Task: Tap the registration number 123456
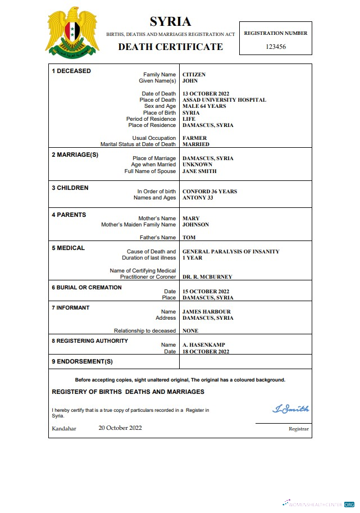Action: point(275,47)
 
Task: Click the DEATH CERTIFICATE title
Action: point(170,47)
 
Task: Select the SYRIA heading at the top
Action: point(170,22)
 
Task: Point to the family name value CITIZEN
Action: point(194,75)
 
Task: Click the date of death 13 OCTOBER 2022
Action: point(206,94)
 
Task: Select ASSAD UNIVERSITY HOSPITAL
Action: point(224,100)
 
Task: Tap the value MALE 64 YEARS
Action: point(204,106)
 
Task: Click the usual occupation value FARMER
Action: point(194,138)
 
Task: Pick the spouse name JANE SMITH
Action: point(199,171)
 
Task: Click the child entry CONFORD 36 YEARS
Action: point(209,192)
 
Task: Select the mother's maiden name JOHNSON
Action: point(195,225)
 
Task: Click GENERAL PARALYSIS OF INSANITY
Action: point(231,252)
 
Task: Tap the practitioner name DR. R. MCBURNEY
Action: point(207,277)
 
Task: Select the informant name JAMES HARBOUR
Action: point(207,312)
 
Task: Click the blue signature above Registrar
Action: point(290,409)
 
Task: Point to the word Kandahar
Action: point(64,429)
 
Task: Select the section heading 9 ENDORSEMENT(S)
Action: point(82,361)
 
